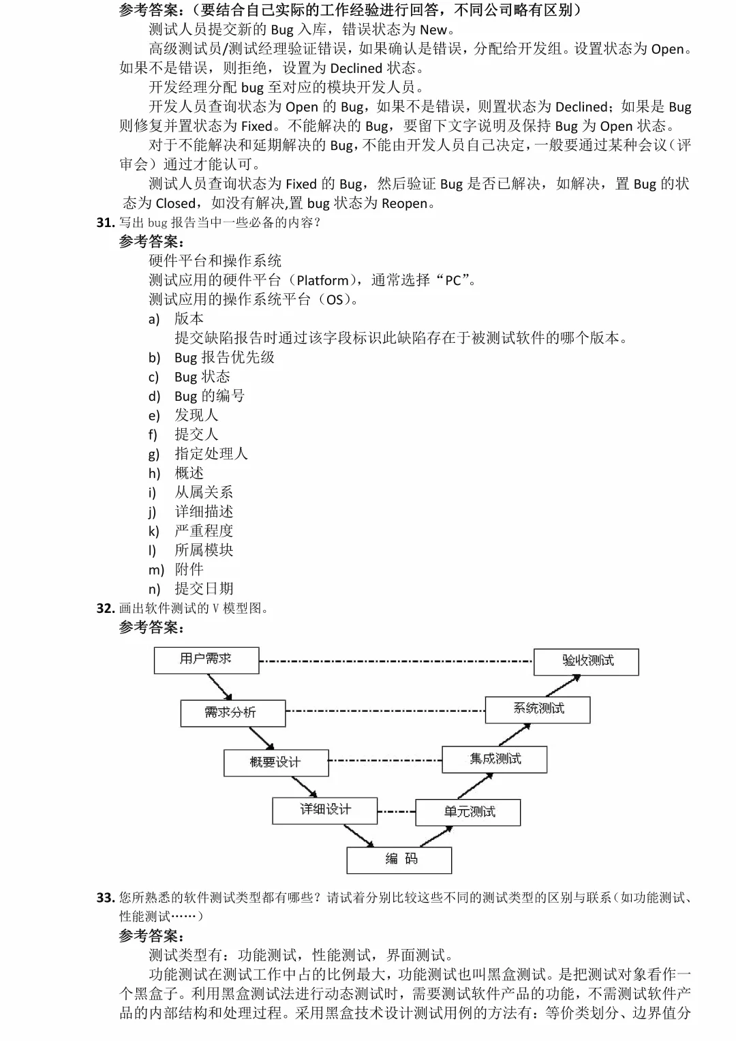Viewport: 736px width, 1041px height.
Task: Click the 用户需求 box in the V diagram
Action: (206, 660)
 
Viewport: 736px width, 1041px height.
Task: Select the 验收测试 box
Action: (586, 661)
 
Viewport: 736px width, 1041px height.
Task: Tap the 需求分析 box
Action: (232, 713)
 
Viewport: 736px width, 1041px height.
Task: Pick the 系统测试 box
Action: (538, 710)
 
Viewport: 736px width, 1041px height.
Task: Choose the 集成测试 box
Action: (494, 759)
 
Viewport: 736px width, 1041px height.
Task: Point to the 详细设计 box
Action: (325, 810)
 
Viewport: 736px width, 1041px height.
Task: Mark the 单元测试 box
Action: (468, 812)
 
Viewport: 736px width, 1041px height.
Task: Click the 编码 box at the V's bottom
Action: (399, 860)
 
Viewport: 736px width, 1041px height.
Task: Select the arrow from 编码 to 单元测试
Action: (435, 836)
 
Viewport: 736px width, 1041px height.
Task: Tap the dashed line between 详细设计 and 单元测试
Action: (397, 811)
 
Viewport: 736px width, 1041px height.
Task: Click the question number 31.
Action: (105, 222)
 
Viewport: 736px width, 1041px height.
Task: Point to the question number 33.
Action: (105, 897)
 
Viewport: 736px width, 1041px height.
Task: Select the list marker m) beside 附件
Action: (156, 570)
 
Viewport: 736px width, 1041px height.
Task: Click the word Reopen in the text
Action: (405, 203)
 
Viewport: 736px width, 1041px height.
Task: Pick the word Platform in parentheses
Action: (322, 280)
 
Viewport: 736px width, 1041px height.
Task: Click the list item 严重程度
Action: (204, 530)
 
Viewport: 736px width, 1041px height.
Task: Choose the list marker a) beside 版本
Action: (154, 319)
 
